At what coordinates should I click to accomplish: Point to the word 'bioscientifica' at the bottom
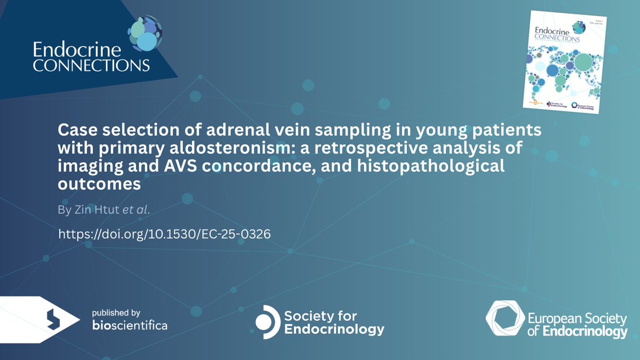point(130,325)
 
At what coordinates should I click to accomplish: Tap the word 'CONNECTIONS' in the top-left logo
point(91,66)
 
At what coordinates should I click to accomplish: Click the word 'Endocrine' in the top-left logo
point(71,50)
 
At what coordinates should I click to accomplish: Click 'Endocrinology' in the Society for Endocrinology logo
point(335,330)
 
